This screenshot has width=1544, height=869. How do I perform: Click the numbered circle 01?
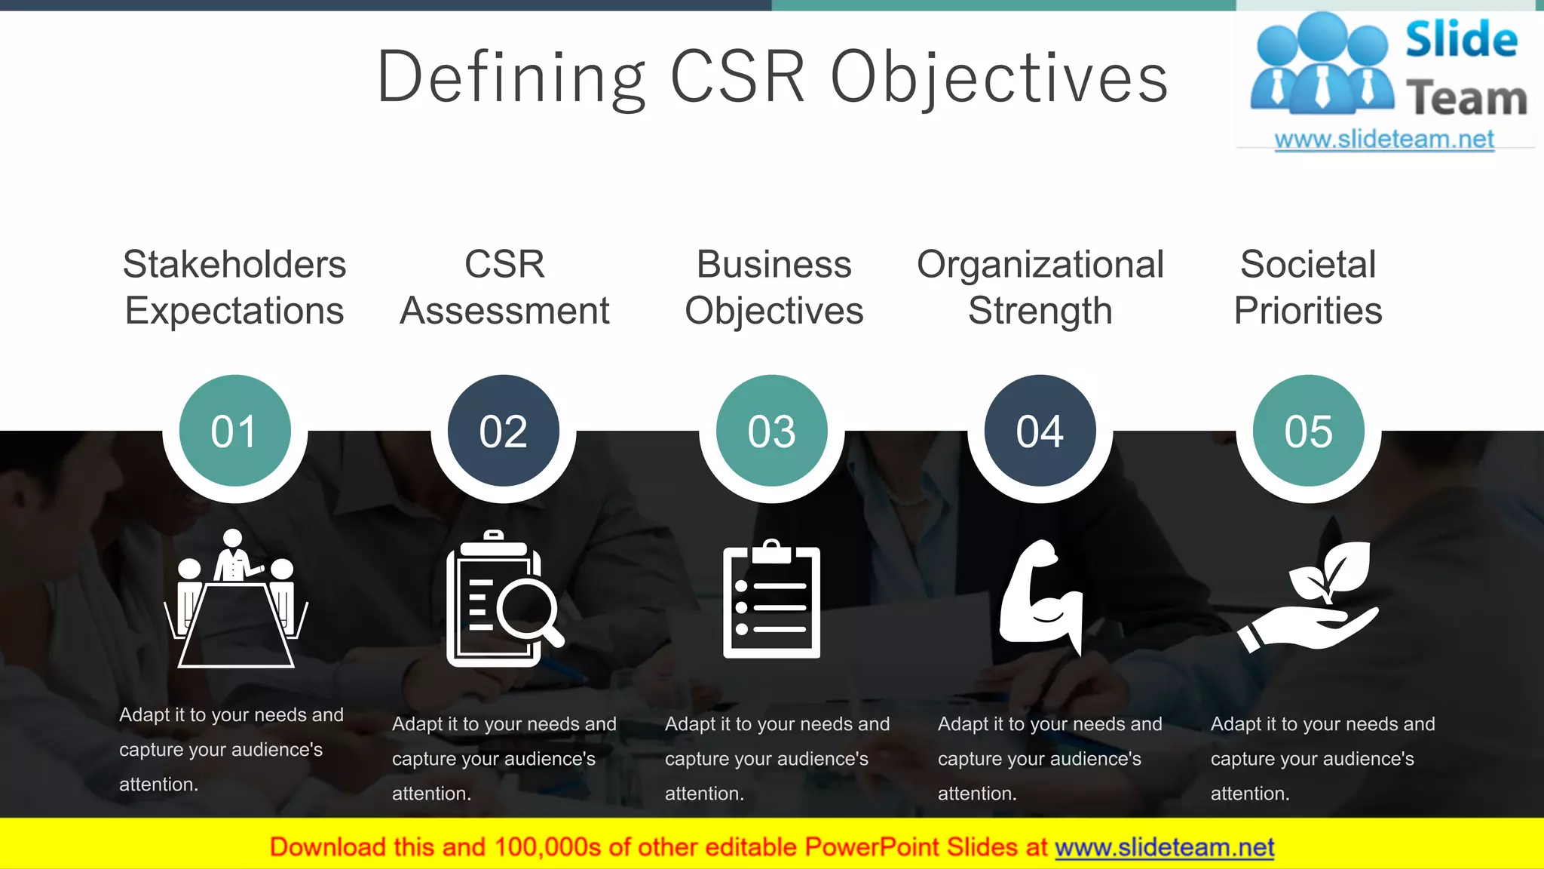tap(234, 431)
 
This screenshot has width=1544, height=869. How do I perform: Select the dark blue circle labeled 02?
tap(503, 431)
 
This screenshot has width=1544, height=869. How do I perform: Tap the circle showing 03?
tap(771, 431)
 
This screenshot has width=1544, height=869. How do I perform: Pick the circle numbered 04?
tap(1040, 431)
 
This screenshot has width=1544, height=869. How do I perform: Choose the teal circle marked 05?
tap(1308, 431)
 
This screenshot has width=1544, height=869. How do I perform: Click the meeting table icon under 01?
tap(235, 600)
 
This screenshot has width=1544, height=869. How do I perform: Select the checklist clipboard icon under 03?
tap(771, 600)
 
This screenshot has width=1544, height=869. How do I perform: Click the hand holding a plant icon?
tap(1308, 596)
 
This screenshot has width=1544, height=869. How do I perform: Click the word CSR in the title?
tap(737, 77)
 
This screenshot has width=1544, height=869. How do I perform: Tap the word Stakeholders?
tap(234, 264)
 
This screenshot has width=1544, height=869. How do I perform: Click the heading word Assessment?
tap(504, 311)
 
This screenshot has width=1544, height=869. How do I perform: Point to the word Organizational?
tap(1040, 265)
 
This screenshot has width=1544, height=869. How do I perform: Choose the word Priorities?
tap(1308, 311)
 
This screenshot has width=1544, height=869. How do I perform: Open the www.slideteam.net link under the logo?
tap(1383, 139)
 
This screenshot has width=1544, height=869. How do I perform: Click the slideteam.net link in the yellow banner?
tap(1164, 847)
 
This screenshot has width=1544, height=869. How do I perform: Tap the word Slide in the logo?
tap(1460, 40)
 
